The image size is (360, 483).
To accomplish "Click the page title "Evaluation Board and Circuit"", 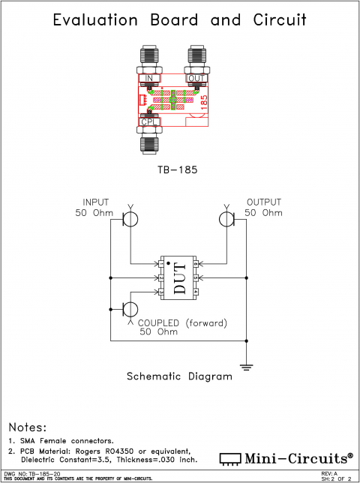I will (x=179, y=20).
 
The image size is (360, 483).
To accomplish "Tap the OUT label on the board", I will (x=196, y=78).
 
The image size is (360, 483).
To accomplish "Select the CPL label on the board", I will (x=148, y=121).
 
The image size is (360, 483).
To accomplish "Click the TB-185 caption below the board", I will (x=178, y=170).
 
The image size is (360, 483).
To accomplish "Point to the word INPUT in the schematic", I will (x=97, y=202).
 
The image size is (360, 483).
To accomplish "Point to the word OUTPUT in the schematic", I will (x=263, y=202).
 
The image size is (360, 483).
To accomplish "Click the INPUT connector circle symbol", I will (x=130, y=219).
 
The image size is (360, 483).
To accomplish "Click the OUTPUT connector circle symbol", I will (x=226, y=219).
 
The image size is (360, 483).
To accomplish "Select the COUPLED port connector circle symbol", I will (x=130, y=309).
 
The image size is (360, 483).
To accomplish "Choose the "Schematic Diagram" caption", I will (x=179, y=376).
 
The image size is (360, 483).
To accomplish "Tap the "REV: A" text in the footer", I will (x=329, y=474).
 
